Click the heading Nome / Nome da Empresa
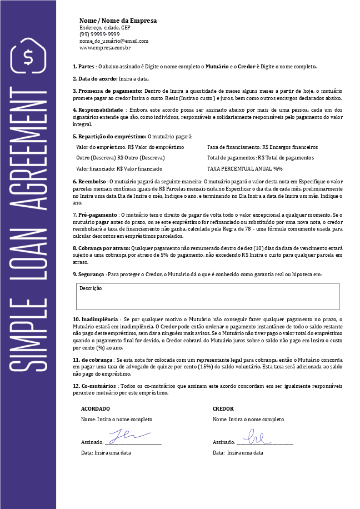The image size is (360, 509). pyautogui.click(x=118, y=21)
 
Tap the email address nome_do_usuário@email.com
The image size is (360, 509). pyautogui.click(x=113, y=41)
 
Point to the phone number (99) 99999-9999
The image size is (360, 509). pyautogui.click(x=99, y=34)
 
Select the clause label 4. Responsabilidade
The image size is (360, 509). pyautogui.click(x=98, y=110)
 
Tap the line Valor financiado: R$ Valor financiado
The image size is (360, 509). pyautogui.click(x=119, y=168)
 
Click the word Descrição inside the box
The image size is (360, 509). pyautogui.click(x=91, y=288)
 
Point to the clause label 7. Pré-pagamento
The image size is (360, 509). pyautogui.click(x=96, y=214)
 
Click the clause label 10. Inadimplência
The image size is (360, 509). pyautogui.click(x=96, y=320)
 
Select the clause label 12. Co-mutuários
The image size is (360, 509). pyautogui.click(x=94, y=386)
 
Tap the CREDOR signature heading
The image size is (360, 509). pyautogui.click(x=223, y=408)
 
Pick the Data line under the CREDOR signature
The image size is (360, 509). pyautogui.click(x=238, y=453)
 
